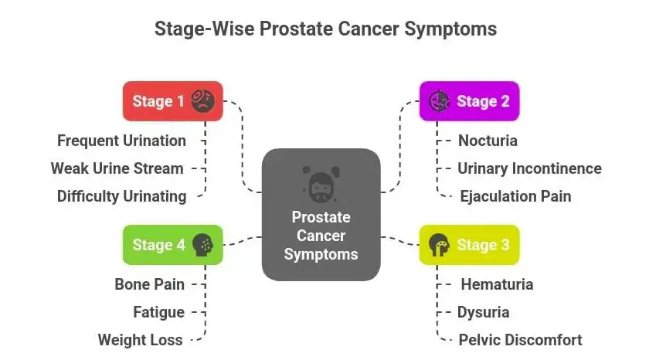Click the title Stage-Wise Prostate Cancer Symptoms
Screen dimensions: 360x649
pyautogui.click(x=324, y=29)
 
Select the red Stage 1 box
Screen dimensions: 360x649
pyautogui.click(x=172, y=101)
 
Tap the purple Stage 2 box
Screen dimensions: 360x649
pyautogui.click(x=469, y=101)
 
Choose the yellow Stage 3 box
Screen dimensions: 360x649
pyautogui.click(x=469, y=245)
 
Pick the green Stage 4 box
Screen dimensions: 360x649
pyautogui.click(x=172, y=245)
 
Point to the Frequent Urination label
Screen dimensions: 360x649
pyautogui.click(x=121, y=141)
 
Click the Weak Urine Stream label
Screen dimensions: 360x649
pyautogui.click(x=117, y=168)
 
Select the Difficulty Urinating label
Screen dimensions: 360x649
pyautogui.click(x=121, y=196)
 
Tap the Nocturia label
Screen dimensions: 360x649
pyautogui.click(x=488, y=141)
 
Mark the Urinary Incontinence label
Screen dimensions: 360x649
pyautogui.click(x=529, y=168)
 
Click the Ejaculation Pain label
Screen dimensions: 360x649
pyautogui.click(x=515, y=196)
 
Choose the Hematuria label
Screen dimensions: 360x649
pyautogui.click(x=497, y=284)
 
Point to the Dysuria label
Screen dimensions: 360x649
pyautogui.click(x=484, y=312)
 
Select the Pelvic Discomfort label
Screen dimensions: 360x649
pyautogui.click(x=520, y=340)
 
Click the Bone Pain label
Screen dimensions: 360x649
pyautogui.click(x=149, y=284)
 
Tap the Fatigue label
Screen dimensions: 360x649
pyautogui.click(x=158, y=312)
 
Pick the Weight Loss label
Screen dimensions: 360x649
pyautogui.click(x=140, y=340)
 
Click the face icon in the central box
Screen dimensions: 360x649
pyautogui.click(x=321, y=182)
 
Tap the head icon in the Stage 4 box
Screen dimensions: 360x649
pyautogui.click(x=203, y=245)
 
